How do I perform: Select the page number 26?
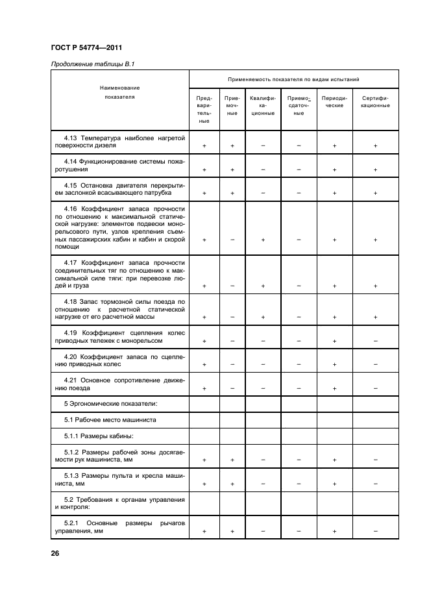pyautogui.click(x=55, y=553)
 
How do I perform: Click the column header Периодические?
pyautogui.click(x=334, y=102)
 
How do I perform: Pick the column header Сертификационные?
pyautogui.click(x=375, y=102)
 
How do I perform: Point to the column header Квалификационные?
pyautogui.click(x=263, y=105)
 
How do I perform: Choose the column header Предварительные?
pyautogui.click(x=204, y=109)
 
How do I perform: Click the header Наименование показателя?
pyautogui.click(x=119, y=92)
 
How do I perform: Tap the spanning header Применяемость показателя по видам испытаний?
pyautogui.click(x=293, y=79)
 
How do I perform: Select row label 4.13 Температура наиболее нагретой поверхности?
pyautogui.click(x=120, y=142)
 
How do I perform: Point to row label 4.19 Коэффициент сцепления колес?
pyautogui.click(x=120, y=335)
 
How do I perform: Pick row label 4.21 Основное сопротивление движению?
pyautogui.click(x=120, y=383)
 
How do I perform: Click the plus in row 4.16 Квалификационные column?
pyautogui.click(x=263, y=240)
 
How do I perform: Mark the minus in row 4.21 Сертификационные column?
pyautogui.click(x=375, y=388)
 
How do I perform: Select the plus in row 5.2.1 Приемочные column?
pyautogui.click(x=232, y=532)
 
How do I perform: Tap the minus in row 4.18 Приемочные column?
pyautogui.click(x=232, y=317)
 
